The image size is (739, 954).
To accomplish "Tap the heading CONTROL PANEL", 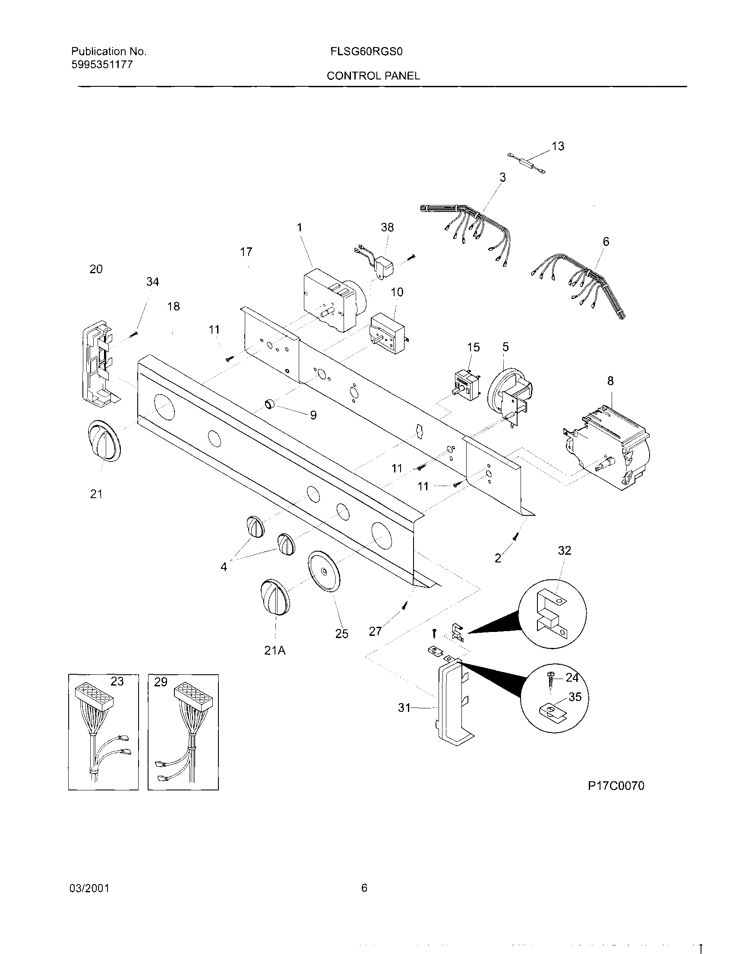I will click(x=373, y=76).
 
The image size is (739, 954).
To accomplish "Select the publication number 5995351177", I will click(x=102, y=65).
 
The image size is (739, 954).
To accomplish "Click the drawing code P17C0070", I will click(x=616, y=786).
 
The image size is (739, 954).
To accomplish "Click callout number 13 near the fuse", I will click(x=558, y=146).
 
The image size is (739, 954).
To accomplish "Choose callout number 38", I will click(x=387, y=227).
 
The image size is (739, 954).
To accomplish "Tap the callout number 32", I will click(x=564, y=550).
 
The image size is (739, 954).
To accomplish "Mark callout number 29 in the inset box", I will click(x=160, y=682).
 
